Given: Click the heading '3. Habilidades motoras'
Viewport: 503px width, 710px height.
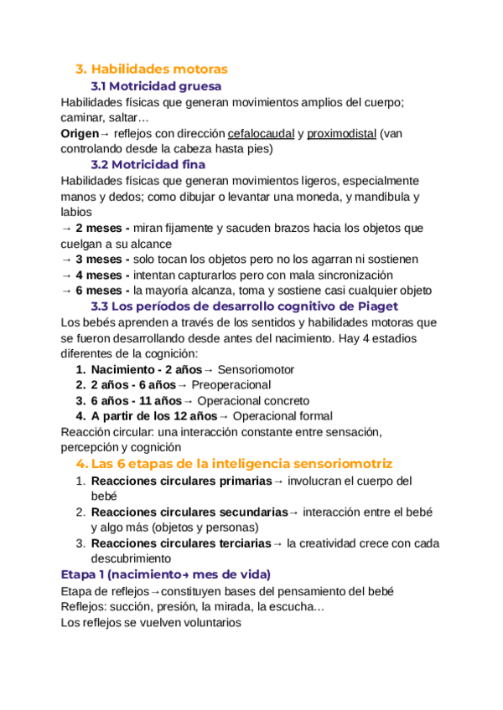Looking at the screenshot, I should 151,69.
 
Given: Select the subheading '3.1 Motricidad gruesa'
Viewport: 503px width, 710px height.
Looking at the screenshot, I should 156,86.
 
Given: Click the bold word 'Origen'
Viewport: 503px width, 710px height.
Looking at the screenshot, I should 80,133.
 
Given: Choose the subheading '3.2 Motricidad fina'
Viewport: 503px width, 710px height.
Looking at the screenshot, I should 148,164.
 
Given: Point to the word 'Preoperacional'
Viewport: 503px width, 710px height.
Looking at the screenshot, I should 231,384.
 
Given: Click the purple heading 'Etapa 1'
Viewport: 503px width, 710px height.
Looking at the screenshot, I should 166,574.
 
